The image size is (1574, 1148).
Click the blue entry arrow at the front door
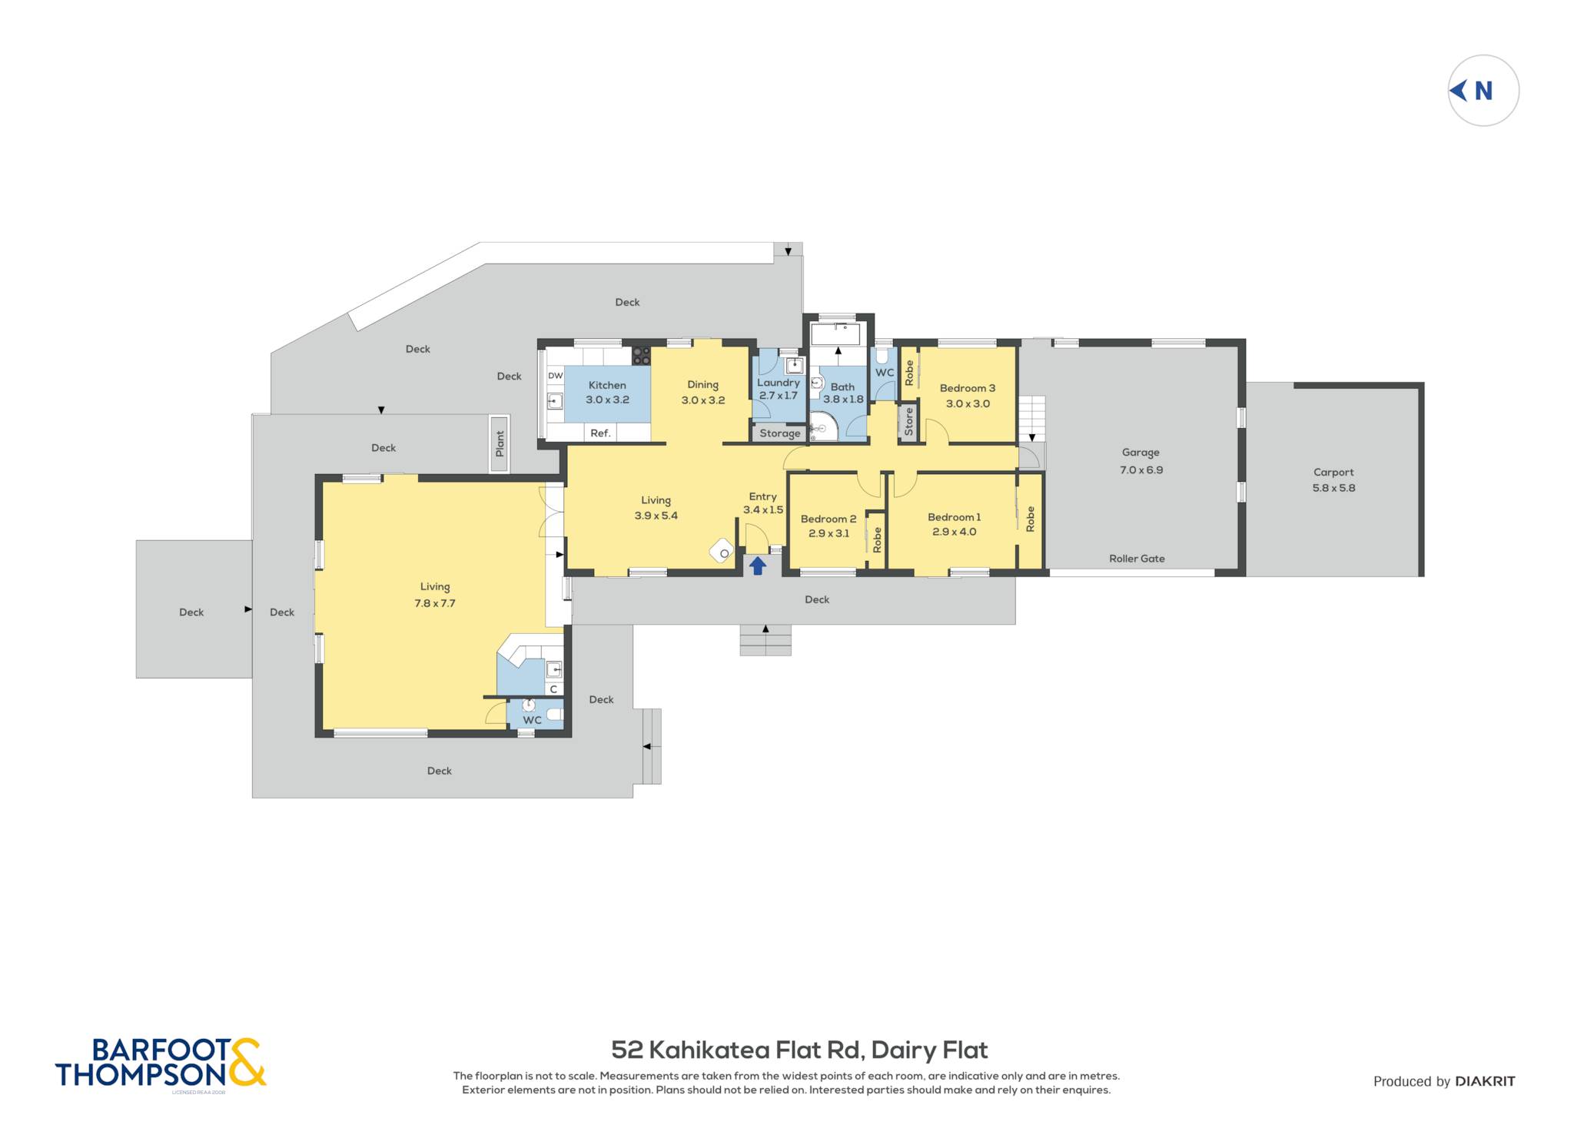(758, 566)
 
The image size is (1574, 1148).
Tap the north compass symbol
(1483, 91)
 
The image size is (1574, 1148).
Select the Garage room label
(1141, 453)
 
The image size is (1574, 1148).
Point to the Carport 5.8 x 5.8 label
(1333, 480)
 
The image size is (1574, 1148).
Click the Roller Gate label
(1137, 559)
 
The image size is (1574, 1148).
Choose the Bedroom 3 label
(968, 388)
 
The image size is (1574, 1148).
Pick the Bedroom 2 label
(829, 519)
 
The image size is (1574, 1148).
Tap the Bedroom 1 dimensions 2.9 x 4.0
(955, 532)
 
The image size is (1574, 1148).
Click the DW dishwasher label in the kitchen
(555, 376)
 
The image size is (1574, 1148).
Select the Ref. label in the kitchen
(600, 433)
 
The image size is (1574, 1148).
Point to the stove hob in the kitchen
(641, 356)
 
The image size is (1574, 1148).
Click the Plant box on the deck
(500, 444)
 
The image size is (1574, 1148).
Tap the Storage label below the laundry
(780, 433)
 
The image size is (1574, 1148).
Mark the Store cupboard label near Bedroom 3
(909, 422)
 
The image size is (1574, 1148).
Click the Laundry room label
(779, 383)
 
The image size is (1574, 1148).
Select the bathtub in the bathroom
(835, 334)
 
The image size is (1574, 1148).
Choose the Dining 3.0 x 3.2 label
(703, 393)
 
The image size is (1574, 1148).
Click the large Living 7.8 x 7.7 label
(435, 595)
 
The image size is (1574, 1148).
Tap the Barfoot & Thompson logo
(161, 1063)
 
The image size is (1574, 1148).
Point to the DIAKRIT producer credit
(1485, 1081)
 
